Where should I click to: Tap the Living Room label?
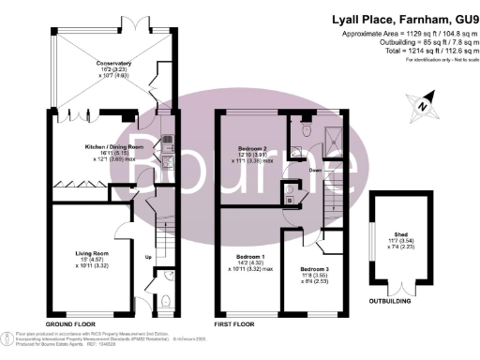pos(94,254)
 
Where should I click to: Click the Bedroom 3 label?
pos(315,271)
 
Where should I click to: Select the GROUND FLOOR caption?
pos(71,322)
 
